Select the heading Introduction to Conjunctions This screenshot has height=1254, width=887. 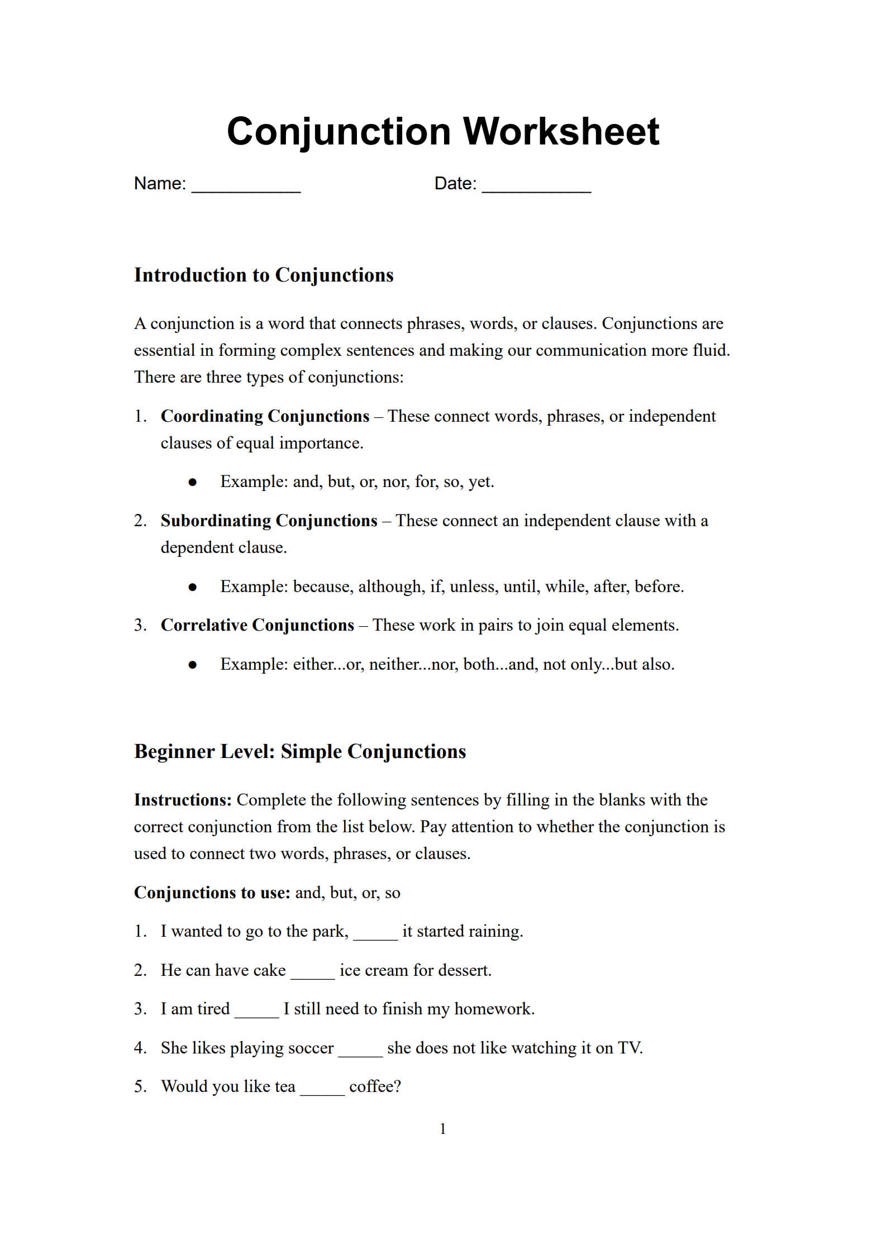[264, 275]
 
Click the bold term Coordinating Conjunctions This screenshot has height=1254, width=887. [265, 416]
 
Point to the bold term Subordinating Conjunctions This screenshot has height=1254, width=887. [269, 521]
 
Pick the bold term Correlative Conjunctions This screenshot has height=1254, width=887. [257, 625]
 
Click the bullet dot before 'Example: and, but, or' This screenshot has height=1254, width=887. [193, 482]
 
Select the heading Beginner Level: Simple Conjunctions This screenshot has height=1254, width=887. [300, 751]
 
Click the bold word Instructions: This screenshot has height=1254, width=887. [183, 800]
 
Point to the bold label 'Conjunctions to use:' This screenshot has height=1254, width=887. [212, 893]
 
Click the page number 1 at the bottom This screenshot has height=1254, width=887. [443, 1129]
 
